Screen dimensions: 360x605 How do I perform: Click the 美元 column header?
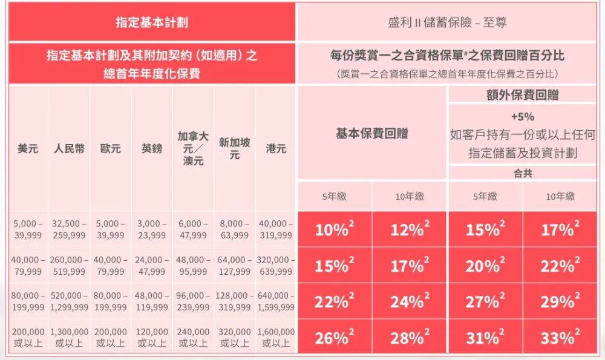(28, 148)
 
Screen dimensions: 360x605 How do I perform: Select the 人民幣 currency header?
(69, 148)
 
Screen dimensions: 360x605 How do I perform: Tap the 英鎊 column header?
(152, 148)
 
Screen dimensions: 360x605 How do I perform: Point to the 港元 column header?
(276, 148)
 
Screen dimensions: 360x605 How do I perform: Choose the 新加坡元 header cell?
(235, 148)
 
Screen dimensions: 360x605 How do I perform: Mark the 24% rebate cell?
(409, 301)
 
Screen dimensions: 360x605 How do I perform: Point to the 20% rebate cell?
(485, 266)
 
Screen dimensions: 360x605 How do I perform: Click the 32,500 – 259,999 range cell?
(69, 229)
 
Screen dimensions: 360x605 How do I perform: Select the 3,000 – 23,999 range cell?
(152, 229)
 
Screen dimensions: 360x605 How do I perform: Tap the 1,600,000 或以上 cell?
(276, 338)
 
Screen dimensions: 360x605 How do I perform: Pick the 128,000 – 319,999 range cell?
(235, 301)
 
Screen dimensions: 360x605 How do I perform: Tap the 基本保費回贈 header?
(371, 134)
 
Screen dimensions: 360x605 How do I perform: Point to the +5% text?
(522, 117)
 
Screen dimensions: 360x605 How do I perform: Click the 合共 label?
(522, 174)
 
